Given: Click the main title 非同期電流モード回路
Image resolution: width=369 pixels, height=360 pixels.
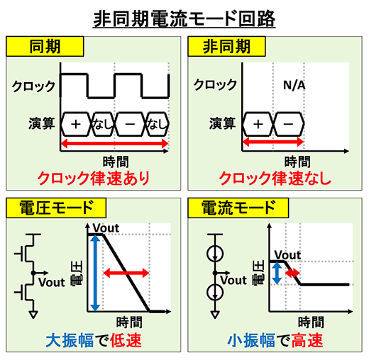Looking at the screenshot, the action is pyautogui.click(x=184, y=19).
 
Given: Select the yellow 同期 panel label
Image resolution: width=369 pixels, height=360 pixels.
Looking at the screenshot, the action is pyautogui.click(x=45, y=47).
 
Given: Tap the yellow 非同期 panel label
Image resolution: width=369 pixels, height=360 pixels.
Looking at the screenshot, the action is pyautogui.click(x=226, y=47).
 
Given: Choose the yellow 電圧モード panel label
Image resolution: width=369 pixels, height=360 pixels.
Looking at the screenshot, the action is pyautogui.click(x=56, y=208).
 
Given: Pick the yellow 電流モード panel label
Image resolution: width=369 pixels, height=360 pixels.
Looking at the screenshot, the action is pyautogui.click(x=238, y=208).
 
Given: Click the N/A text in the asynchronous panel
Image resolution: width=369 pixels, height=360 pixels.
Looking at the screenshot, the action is pyautogui.click(x=294, y=85).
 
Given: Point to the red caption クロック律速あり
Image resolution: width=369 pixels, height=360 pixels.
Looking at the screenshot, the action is pyautogui.click(x=94, y=179).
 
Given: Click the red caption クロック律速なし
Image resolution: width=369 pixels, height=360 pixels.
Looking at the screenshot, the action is pyautogui.click(x=275, y=179).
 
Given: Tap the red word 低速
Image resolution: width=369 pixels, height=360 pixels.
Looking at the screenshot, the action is pyautogui.click(x=126, y=340).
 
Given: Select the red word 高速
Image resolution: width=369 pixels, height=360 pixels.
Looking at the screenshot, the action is pyautogui.click(x=307, y=340).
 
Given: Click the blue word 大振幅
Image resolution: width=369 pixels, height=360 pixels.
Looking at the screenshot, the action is pyautogui.click(x=70, y=340).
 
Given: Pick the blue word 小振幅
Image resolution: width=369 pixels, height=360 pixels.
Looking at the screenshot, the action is pyautogui.click(x=251, y=340).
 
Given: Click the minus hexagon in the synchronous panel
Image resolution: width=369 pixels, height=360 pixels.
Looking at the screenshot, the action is pyautogui.click(x=130, y=124).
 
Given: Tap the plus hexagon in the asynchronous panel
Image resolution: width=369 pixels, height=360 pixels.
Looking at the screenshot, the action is pyautogui.click(x=258, y=124).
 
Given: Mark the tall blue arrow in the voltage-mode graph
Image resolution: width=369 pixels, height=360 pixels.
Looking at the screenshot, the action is pyautogui.click(x=95, y=273).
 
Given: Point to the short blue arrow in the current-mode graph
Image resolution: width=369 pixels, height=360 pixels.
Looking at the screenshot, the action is pyautogui.click(x=277, y=273).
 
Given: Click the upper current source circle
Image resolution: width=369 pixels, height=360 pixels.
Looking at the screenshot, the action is pyautogui.click(x=215, y=254).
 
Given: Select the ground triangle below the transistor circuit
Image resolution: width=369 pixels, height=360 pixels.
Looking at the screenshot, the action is pyautogui.click(x=33, y=315).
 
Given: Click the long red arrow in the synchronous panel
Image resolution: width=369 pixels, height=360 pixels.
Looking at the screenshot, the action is pyautogui.click(x=114, y=143).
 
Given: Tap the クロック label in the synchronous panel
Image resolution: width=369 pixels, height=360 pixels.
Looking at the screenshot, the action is pyautogui.click(x=33, y=86).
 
